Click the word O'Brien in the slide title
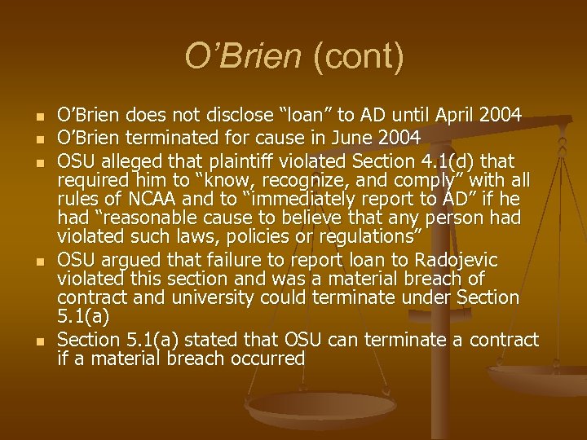click(242, 57)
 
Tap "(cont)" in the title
click(354, 57)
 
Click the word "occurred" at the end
click(263, 359)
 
